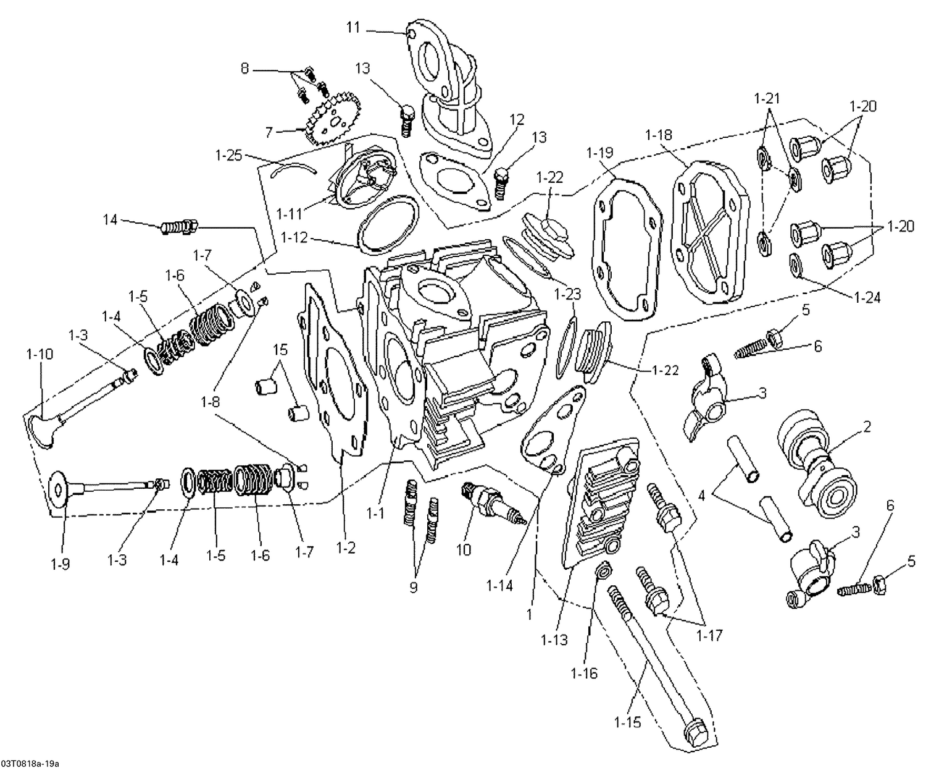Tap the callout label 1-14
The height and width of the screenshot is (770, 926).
click(x=499, y=584)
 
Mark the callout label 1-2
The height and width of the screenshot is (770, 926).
click(x=346, y=547)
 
